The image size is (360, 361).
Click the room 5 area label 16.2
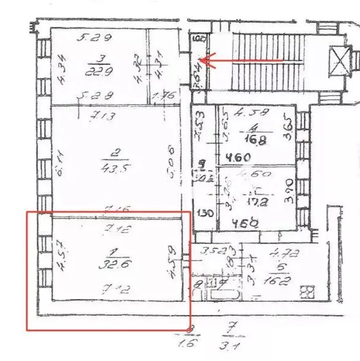(282, 281)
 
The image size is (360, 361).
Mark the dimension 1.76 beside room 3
(164, 96)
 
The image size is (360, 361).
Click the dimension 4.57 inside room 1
(61, 265)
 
